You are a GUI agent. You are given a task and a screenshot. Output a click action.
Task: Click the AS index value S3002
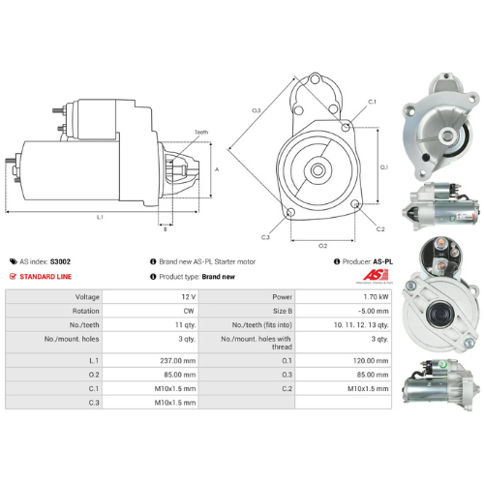coord(60,261)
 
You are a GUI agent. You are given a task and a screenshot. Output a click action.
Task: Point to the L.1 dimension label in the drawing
coord(101,217)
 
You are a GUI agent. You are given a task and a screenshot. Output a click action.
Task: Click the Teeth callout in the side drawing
coord(200,132)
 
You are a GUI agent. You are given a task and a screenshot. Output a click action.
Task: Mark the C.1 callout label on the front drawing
coord(373,102)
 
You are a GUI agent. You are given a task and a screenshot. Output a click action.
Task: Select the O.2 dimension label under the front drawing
coord(322,245)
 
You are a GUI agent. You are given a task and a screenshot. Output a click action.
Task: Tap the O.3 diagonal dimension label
coord(257,111)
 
